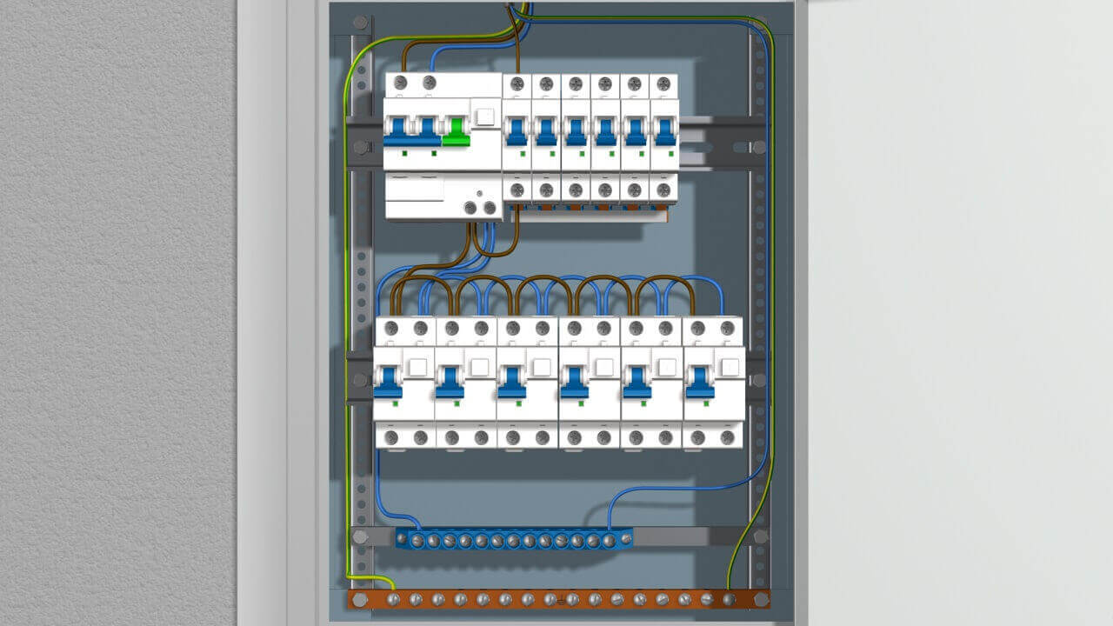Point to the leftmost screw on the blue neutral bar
click(x=402, y=541)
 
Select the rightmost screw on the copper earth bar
click(x=729, y=599)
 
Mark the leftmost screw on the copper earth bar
click(x=393, y=599)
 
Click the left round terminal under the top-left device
click(x=471, y=208)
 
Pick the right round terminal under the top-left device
click(x=490, y=208)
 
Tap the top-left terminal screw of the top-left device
click(x=400, y=83)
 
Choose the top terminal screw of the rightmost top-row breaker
click(x=663, y=84)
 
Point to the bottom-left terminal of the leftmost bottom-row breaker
click(x=391, y=437)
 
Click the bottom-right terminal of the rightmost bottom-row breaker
click(x=728, y=437)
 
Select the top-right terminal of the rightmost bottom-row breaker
click(x=728, y=328)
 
